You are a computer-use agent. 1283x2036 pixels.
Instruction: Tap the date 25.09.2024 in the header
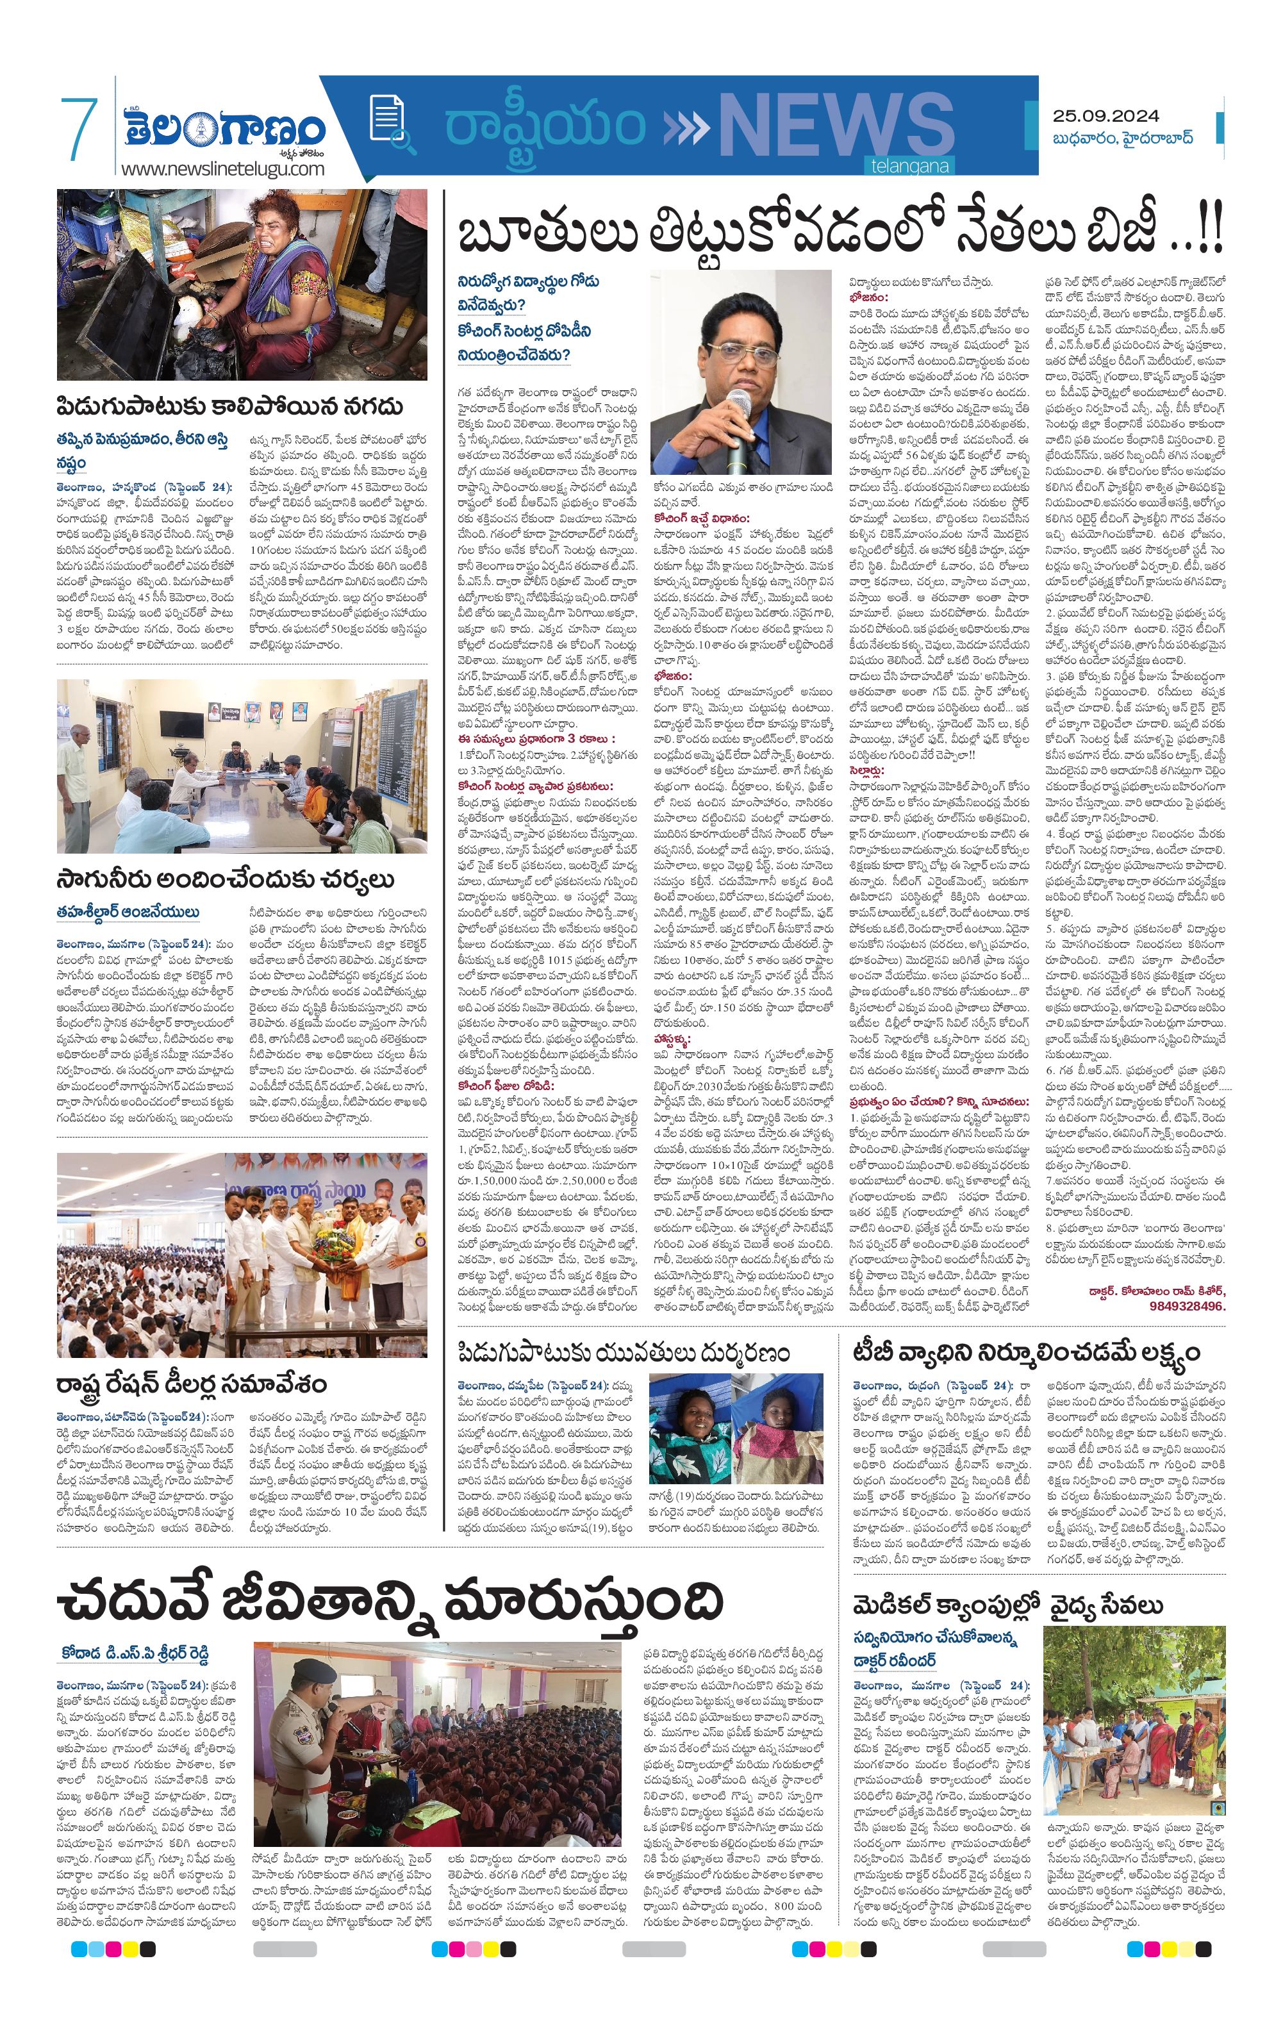(1105, 116)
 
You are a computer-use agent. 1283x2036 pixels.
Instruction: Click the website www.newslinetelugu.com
(222, 169)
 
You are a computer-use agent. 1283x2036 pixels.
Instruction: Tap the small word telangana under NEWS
(909, 167)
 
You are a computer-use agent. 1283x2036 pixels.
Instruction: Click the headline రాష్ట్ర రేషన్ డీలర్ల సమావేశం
(192, 1384)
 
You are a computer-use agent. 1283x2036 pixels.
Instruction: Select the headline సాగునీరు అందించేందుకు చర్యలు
(225, 879)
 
